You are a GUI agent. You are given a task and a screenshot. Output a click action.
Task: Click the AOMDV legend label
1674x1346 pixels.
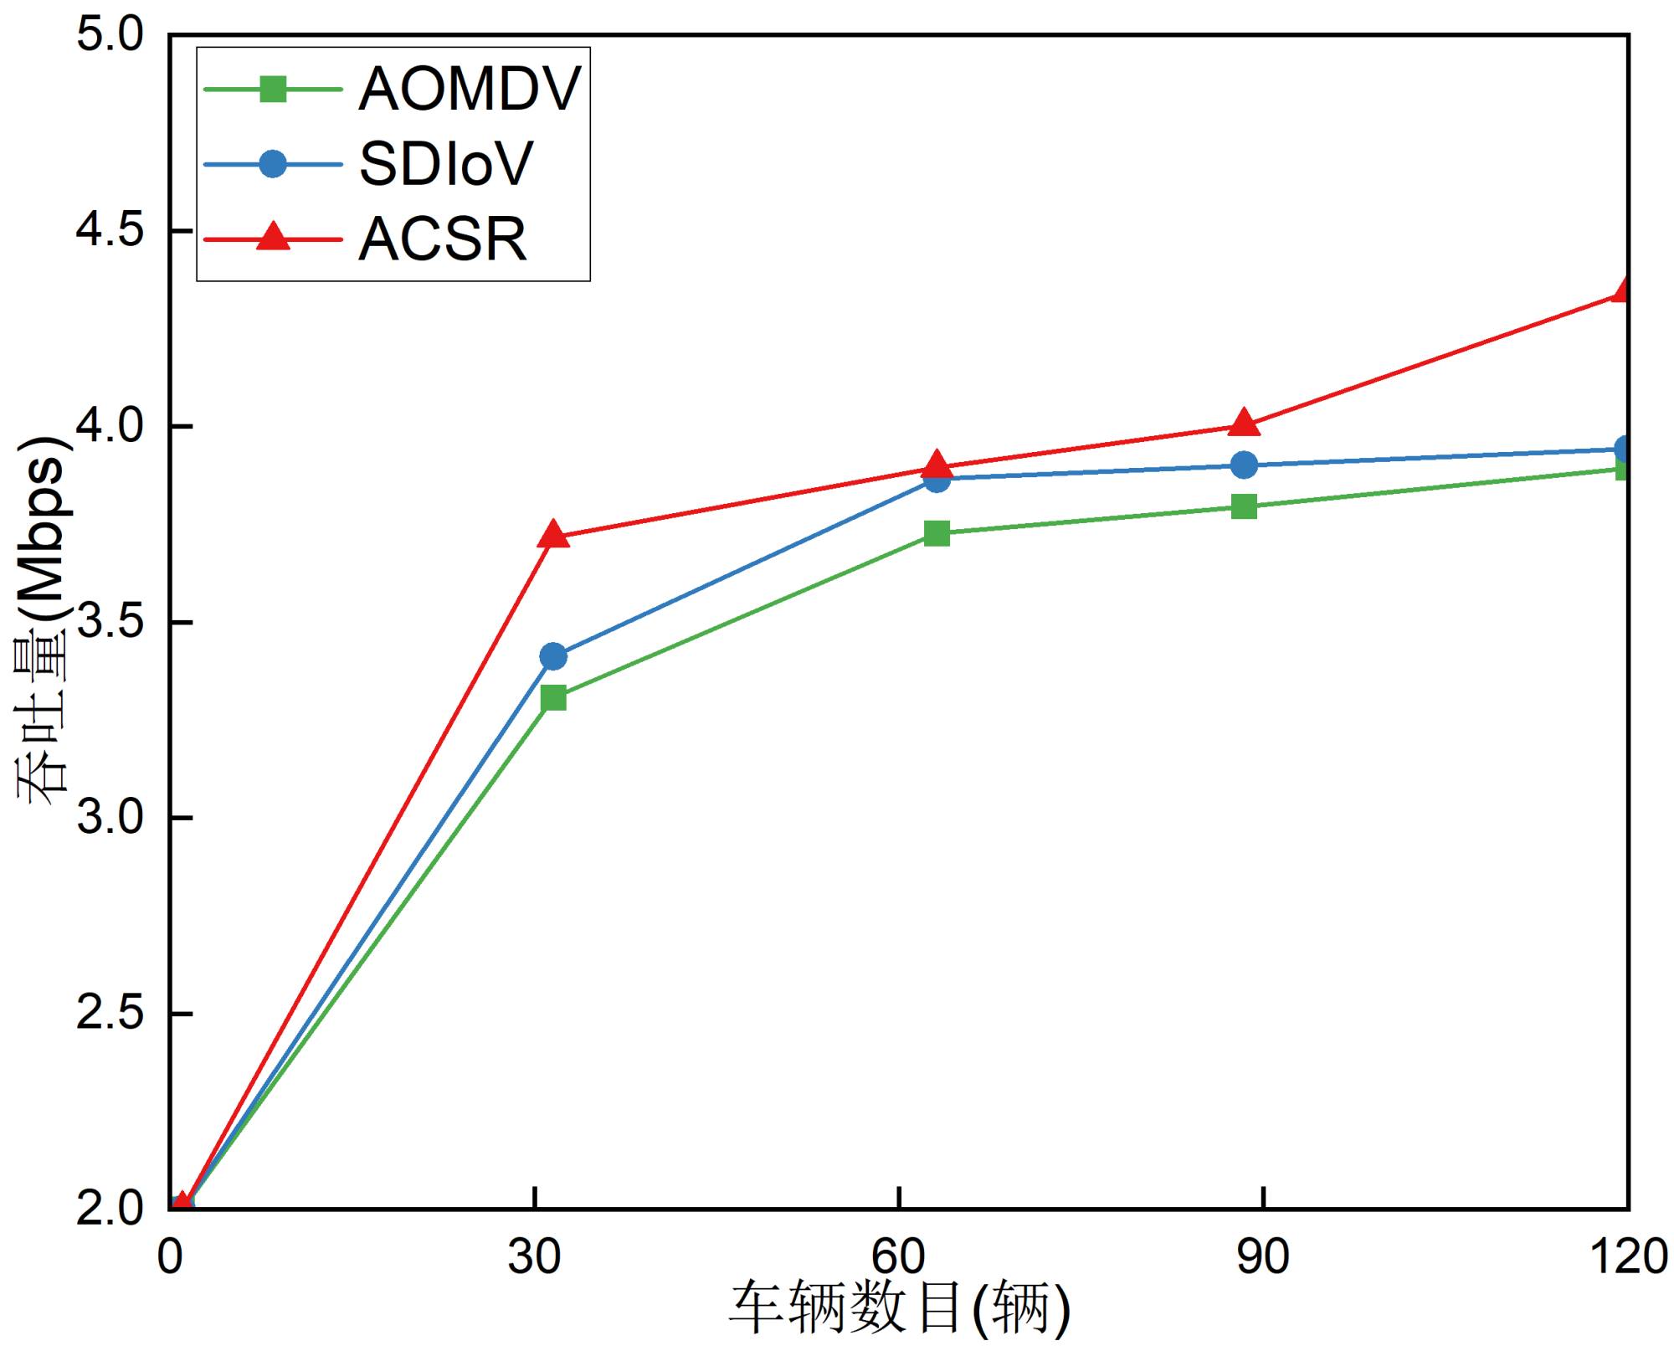pyautogui.click(x=469, y=89)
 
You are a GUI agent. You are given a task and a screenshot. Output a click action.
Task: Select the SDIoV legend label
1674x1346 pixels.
pyautogui.click(x=445, y=164)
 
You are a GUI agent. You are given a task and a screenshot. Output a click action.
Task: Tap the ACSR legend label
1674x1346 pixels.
pyautogui.click(x=443, y=239)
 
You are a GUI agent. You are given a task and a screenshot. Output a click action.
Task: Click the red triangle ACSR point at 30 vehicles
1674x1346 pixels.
pyautogui.click(x=553, y=534)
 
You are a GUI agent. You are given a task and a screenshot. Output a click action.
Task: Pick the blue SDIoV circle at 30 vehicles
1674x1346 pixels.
pyautogui.click(x=553, y=656)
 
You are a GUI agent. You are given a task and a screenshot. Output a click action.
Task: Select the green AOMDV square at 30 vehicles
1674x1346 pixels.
pyautogui.click(x=553, y=697)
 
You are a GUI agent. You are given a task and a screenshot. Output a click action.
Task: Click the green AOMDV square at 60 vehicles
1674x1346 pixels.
pyautogui.click(x=937, y=533)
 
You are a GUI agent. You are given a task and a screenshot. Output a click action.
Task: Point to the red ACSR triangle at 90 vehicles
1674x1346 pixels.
pyautogui.click(x=1245, y=424)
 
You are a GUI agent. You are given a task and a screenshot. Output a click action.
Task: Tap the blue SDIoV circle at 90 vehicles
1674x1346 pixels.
pyautogui.click(x=1245, y=465)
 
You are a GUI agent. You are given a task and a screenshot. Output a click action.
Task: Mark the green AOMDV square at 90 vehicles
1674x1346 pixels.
pyautogui.click(x=1245, y=506)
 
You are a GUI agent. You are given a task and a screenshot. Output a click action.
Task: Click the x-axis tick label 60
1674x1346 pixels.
pyautogui.click(x=898, y=1256)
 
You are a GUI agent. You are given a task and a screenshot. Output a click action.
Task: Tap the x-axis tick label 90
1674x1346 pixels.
pyautogui.click(x=1263, y=1256)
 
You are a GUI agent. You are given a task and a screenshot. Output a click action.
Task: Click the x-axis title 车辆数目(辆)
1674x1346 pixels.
pyautogui.click(x=900, y=1309)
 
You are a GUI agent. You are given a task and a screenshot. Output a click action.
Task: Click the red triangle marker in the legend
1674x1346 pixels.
pyautogui.click(x=273, y=237)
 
